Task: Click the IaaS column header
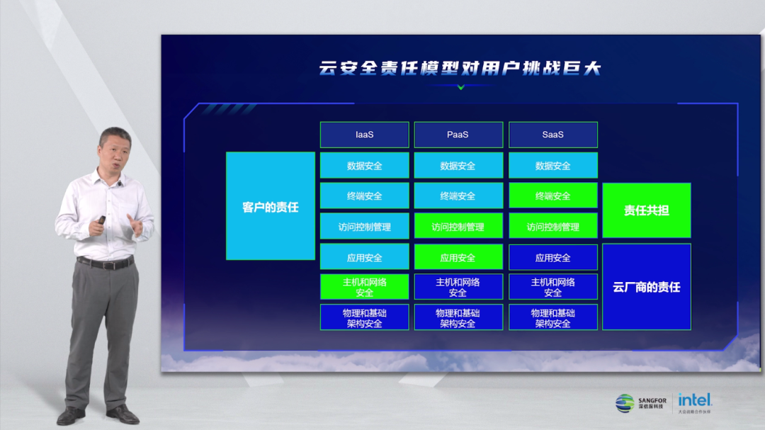pyautogui.click(x=365, y=135)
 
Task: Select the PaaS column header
pyautogui.click(x=458, y=135)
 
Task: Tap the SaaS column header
pyautogui.click(x=553, y=135)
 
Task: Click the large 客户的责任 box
pyautogui.click(x=271, y=206)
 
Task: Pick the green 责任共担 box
pyautogui.click(x=647, y=210)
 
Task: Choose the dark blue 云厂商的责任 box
pyautogui.click(x=647, y=287)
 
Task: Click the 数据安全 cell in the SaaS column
pyautogui.click(x=553, y=166)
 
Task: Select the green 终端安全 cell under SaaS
pyautogui.click(x=553, y=196)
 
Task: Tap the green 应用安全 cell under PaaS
pyautogui.click(x=458, y=257)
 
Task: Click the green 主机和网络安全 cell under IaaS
pyautogui.click(x=365, y=286)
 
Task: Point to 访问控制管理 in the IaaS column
pyautogui.click(x=365, y=226)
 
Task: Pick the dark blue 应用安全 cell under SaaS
pyautogui.click(x=553, y=257)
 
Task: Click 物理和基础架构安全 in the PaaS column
pyautogui.click(x=458, y=317)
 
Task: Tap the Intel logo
pyautogui.click(x=695, y=401)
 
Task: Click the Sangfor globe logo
pyautogui.click(x=625, y=403)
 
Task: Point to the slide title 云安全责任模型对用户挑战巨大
pyautogui.click(x=460, y=68)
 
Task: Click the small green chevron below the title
pyautogui.click(x=461, y=87)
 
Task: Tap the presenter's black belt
pyautogui.click(x=105, y=263)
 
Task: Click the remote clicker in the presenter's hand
pyautogui.click(x=101, y=220)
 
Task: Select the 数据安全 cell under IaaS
pyautogui.click(x=365, y=166)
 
